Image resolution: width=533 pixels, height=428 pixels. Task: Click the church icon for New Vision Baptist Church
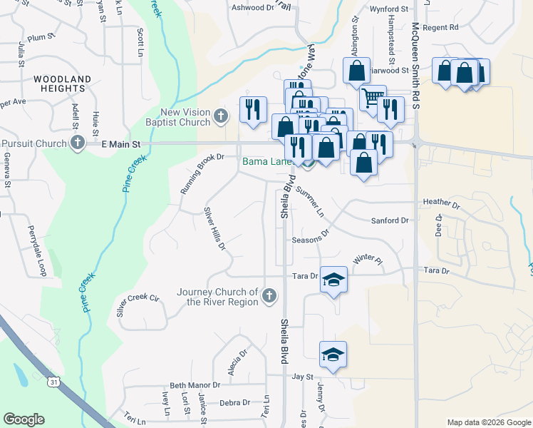pos(221,116)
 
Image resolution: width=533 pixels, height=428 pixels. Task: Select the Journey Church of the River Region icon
pos(269,295)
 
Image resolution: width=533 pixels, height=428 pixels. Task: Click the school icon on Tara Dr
pos(333,280)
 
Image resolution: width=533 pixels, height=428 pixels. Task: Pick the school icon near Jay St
pos(333,354)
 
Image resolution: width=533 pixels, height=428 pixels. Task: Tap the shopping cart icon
pos(373,97)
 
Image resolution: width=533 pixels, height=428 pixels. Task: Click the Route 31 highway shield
pos(54,382)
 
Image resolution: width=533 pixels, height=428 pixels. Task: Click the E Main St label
pos(121,144)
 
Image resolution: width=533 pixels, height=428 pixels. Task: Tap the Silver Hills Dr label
pos(214,229)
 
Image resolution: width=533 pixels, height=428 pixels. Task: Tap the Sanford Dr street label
pos(389,221)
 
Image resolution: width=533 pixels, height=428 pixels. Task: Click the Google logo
pos(24,419)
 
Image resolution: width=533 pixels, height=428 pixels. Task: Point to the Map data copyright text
pos(488,423)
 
